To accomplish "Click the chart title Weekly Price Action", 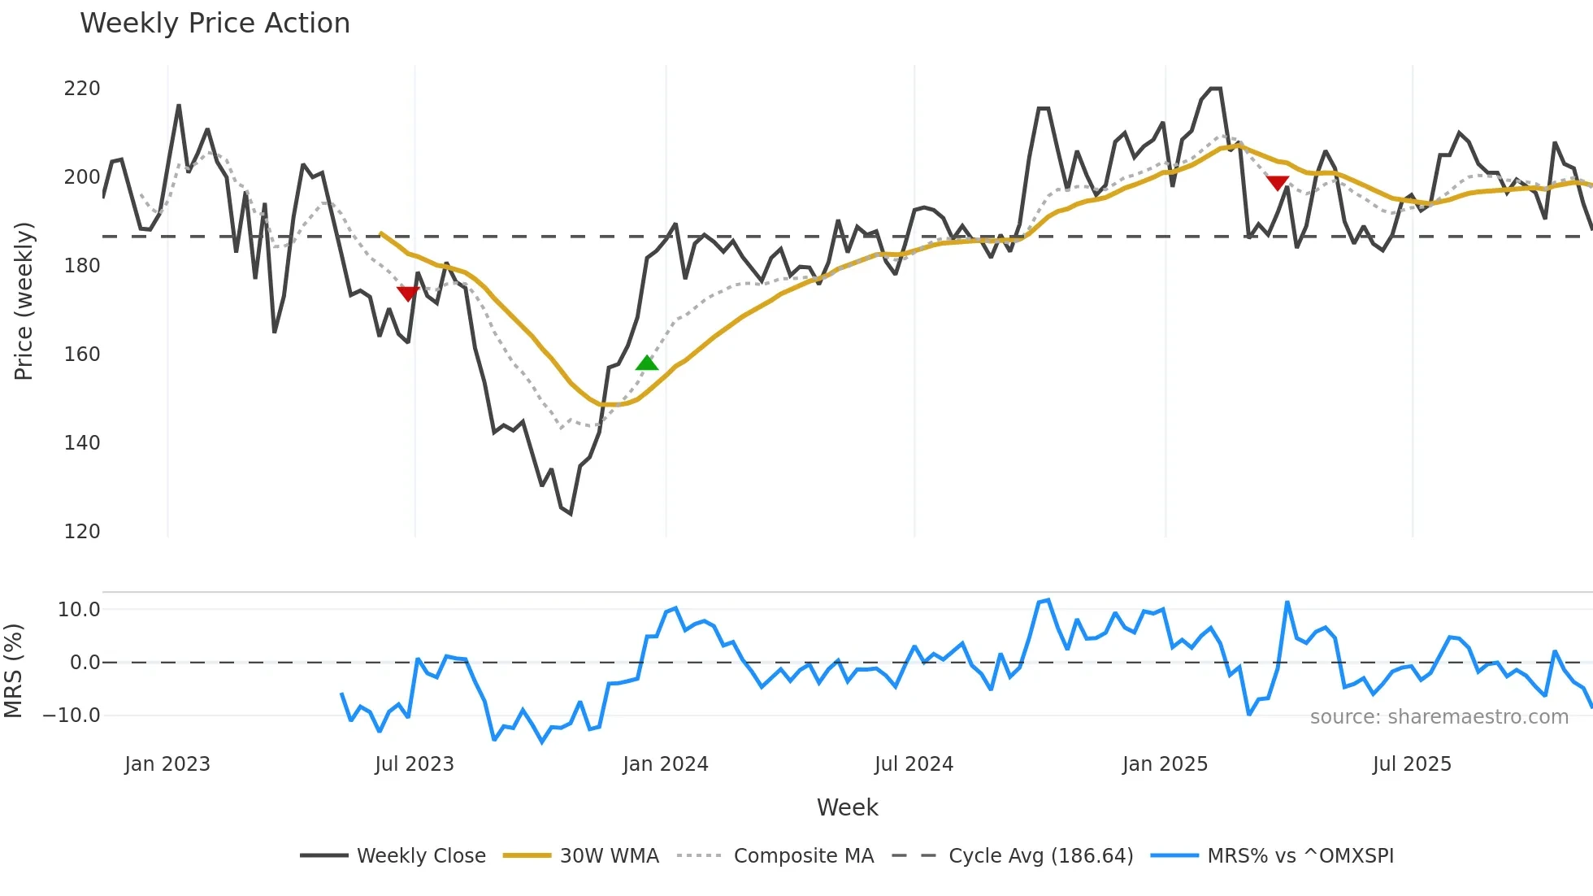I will coord(215,23).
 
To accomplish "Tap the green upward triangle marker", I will coord(647,363).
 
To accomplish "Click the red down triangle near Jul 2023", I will coord(408,293).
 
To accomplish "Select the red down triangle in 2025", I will coord(1278,183).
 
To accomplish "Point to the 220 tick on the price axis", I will coord(82,88).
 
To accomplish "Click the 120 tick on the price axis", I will coord(82,531).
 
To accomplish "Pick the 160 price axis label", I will coord(82,354).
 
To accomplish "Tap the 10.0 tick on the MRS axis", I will coord(79,609).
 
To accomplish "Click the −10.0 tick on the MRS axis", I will coord(72,715).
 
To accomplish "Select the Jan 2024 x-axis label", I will coord(666,763).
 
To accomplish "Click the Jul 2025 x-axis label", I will coord(1412,763).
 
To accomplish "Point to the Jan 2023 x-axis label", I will coord(167,763).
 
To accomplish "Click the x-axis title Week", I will coord(847,807).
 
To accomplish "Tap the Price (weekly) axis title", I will coord(24,301).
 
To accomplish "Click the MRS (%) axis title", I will coord(13,670).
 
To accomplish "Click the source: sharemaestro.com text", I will coord(1439,716).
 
